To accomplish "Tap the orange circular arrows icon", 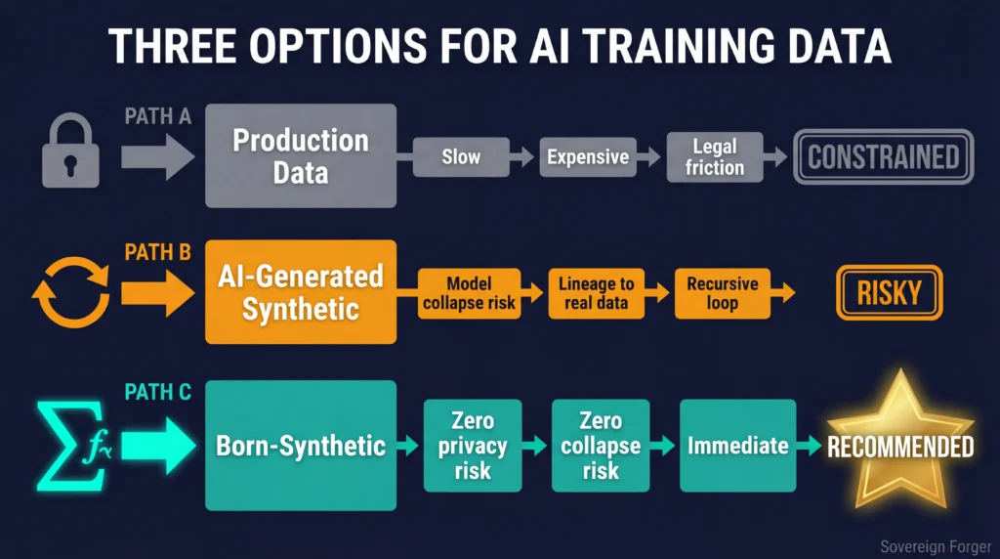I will tap(70, 291).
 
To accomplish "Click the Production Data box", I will tap(300, 155).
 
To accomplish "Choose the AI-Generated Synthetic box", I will tap(300, 291).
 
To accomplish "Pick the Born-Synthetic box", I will tap(300, 446).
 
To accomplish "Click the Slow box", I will tap(461, 156).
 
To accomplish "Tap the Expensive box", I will tap(587, 156).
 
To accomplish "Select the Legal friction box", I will tap(714, 156).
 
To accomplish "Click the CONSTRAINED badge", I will tap(883, 156).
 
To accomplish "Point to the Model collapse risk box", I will tap(470, 292).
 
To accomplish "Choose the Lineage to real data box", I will tap(597, 292).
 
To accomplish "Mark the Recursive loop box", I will tap(722, 292).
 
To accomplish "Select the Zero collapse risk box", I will tap(600, 446).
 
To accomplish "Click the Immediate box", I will tap(737, 446).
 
